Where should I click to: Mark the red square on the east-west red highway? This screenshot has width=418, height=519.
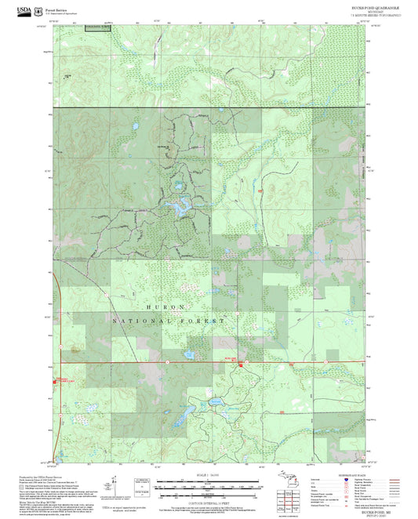pos(241,361)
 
